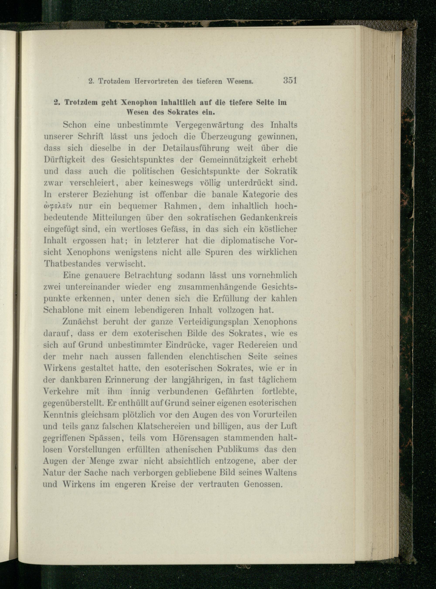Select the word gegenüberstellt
pos(73,403)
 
